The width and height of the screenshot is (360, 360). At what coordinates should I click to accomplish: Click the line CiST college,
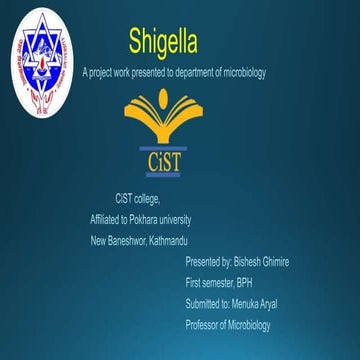click(x=139, y=198)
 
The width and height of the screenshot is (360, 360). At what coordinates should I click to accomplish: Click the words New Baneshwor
click(x=117, y=240)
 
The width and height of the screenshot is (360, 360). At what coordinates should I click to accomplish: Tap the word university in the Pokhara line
click(x=176, y=219)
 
